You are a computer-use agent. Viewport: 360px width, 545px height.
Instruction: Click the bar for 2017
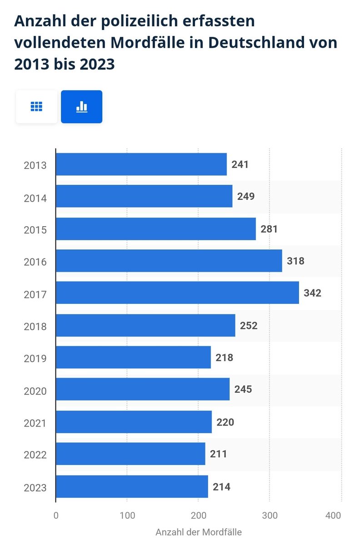click(177, 293)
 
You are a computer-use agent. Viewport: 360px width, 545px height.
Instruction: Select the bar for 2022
click(130, 454)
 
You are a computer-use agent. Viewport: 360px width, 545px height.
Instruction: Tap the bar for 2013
click(141, 164)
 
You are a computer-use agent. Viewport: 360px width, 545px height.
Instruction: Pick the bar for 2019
click(133, 357)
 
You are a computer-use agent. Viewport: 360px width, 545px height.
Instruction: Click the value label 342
click(312, 293)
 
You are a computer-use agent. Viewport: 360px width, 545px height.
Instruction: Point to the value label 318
click(295, 261)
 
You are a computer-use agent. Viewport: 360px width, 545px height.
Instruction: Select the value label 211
click(218, 454)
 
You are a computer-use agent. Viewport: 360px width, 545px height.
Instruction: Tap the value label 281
click(269, 229)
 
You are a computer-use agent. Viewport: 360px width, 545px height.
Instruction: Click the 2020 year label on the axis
click(35, 391)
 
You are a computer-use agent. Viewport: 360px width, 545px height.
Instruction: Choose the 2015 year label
click(35, 230)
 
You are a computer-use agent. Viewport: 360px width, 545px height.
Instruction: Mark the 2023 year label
click(35, 488)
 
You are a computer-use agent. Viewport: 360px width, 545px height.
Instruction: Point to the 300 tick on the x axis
click(270, 516)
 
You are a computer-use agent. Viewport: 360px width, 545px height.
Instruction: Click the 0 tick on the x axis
click(56, 516)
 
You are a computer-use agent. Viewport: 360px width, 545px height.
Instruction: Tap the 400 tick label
click(333, 516)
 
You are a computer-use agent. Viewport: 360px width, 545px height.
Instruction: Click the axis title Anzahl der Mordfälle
click(199, 532)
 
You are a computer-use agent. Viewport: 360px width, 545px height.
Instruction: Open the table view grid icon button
click(36, 107)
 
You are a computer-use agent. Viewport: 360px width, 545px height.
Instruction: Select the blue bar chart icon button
click(82, 107)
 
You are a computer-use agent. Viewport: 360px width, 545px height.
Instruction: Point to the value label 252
click(249, 326)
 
